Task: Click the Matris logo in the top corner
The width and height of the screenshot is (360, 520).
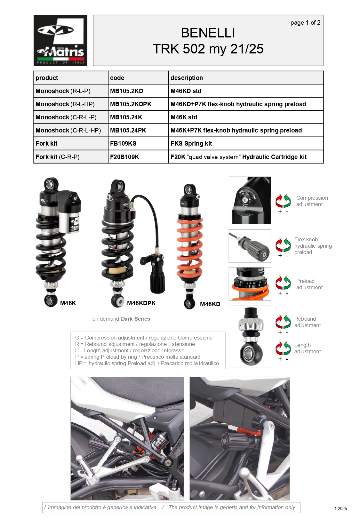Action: pyautogui.click(x=60, y=40)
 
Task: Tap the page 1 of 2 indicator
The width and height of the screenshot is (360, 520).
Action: pyautogui.click(x=305, y=22)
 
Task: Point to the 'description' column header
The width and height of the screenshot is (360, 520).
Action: pyautogui.click(x=187, y=78)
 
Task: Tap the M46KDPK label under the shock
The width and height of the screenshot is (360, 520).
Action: pyautogui.click(x=141, y=303)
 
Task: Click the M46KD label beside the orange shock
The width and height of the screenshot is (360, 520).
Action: pyautogui.click(x=210, y=304)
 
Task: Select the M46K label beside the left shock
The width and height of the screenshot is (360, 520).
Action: pyautogui.click(x=68, y=303)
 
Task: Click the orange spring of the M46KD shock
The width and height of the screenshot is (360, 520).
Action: pyautogui.click(x=190, y=248)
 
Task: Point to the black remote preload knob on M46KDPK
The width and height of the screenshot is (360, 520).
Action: pyautogui.click(x=157, y=281)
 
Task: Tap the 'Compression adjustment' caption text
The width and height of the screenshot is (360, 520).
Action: pyautogui.click(x=312, y=201)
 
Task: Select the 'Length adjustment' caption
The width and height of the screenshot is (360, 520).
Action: pyautogui.click(x=307, y=348)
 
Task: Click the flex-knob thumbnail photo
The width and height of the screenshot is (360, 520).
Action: pyautogui.click(x=250, y=246)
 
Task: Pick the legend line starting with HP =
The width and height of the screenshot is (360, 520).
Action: pyautogui.click(x=147, y=363)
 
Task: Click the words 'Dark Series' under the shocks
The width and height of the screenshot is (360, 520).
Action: pyautogui.click(x=135, y=319)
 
